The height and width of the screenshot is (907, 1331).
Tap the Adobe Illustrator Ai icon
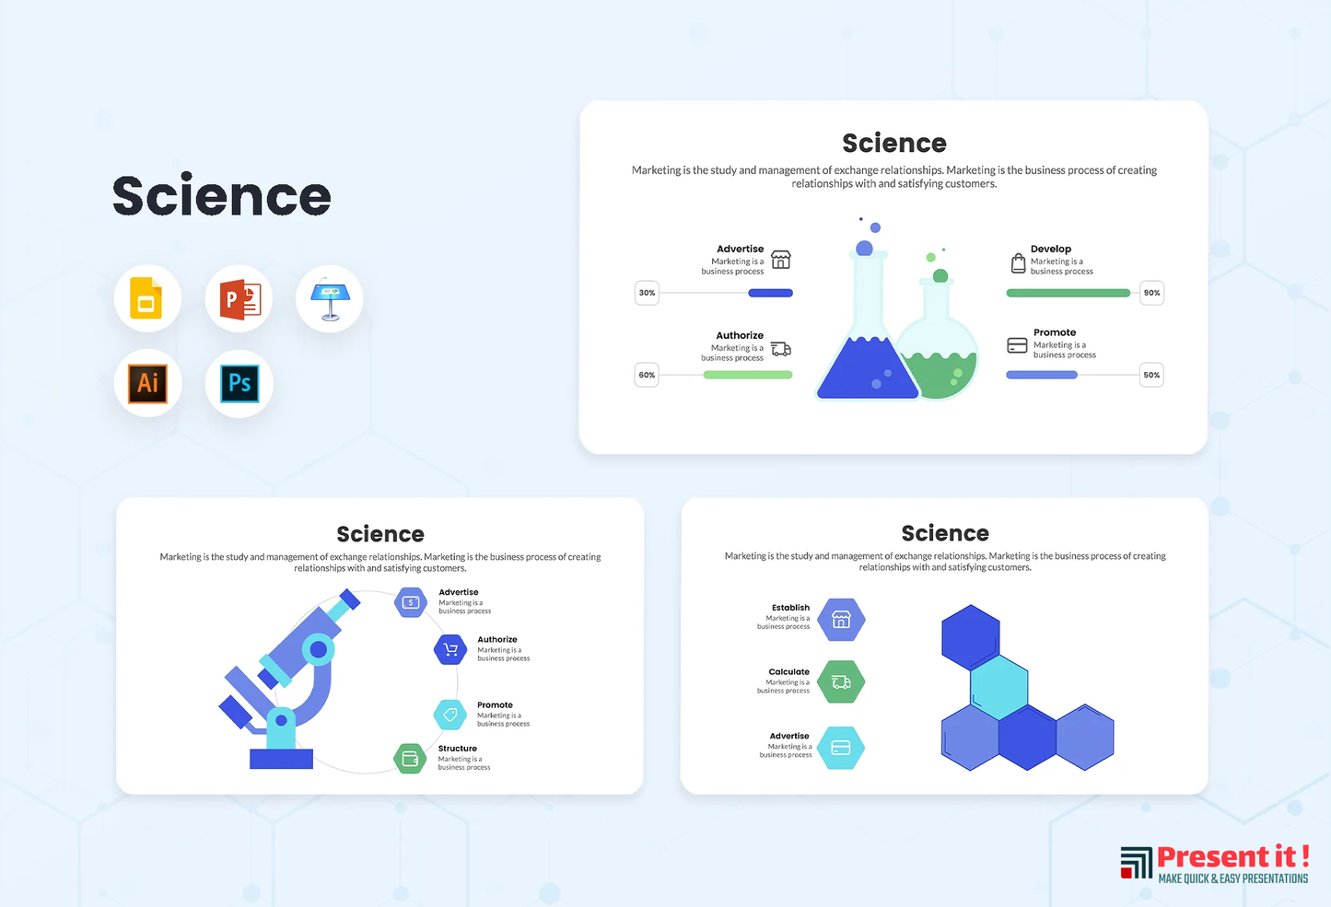(x=148, y=383)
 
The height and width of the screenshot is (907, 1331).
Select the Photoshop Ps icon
(x=239, y=383)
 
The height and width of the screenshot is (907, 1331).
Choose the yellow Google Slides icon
(x=146, y=297)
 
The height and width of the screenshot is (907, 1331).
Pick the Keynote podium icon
(x=330, y=298)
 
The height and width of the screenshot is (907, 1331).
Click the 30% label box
(x=647, y=293)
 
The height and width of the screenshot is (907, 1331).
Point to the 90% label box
(x=1151, y=293)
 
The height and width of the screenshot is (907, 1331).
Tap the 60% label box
(x=647, y=375)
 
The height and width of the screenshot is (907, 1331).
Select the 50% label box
(x=1151, y=375)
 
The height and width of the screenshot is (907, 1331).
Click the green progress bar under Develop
(x=1068, y=293)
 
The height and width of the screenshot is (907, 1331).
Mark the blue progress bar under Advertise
(x=770, y=293)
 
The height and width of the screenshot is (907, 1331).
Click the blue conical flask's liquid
(x=867, y=368)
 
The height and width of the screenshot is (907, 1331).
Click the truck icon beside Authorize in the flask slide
(x=781, y=349)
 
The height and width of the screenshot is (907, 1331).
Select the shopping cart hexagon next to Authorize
(x=450, y=649)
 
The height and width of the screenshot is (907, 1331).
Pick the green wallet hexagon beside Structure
(x=410, y=759)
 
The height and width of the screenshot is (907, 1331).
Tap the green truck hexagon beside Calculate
(x=841, y=682)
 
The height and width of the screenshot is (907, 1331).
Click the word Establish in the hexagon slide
(x=790, y=608)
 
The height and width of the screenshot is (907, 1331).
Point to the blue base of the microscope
(x=281, y=759)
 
